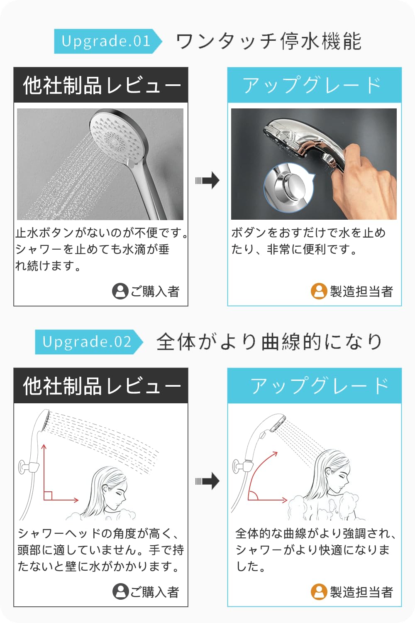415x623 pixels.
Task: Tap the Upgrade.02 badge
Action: [88, 342]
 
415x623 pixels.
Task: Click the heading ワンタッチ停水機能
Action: [269, 42]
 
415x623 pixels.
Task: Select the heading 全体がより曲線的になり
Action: [269, 342]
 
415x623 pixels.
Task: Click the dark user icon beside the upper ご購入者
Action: [120, 291]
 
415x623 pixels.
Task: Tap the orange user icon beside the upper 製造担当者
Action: [319, 291]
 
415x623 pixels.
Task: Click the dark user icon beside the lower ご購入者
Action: [120, 591]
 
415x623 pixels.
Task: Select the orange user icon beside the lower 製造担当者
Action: [319, 591]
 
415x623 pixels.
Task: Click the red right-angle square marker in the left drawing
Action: [48, 495]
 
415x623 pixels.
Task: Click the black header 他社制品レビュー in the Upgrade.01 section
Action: [101, 85]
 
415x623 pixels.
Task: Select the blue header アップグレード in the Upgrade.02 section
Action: [314, 385]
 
